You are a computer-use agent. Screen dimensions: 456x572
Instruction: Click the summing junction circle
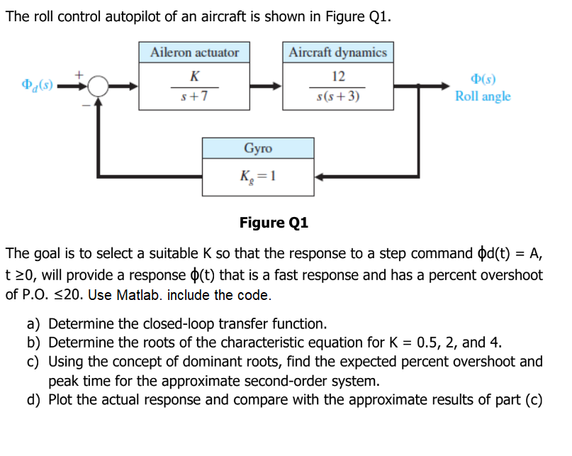click(x=99, y=87)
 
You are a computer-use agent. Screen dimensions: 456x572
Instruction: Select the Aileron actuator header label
click(x=195, y=52)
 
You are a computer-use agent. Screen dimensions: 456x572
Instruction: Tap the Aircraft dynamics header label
click(x=337, y=52)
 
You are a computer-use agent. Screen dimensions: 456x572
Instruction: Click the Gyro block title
click(x=258, y=148)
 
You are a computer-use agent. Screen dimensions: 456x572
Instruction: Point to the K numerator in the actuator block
click(x=195, y=76)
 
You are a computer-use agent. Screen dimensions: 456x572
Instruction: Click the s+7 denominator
click(x=195, y=96)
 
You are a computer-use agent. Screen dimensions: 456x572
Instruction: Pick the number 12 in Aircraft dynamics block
click(x=338, y=76)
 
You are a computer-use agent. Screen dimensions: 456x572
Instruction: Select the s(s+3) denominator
click(x=338, y=96)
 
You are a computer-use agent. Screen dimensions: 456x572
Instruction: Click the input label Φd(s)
click(x=36, y=87)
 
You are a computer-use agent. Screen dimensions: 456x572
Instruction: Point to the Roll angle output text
click(x=482, y=96)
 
